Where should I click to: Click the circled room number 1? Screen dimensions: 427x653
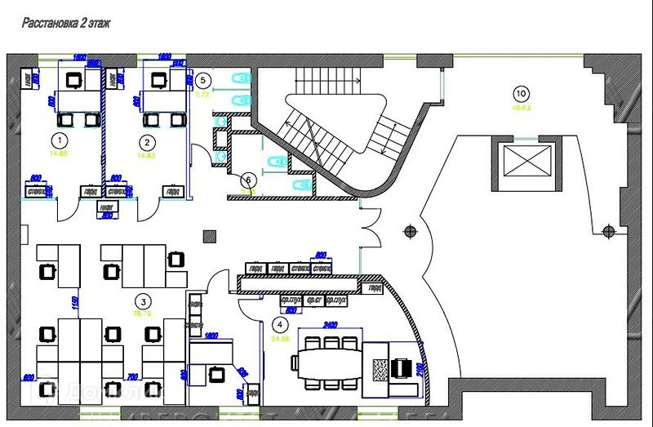[x=58, y=139]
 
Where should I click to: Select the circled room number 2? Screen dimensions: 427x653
[x=141, y=139]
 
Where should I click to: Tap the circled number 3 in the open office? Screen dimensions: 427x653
[x=143, y=300]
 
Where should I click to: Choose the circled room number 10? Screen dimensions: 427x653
[x=521, y=92]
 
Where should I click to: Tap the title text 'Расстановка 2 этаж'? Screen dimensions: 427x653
[x=66, y=24]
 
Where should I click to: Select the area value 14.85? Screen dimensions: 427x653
[x=58, y=153]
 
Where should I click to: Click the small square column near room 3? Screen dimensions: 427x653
[x=210, y=237]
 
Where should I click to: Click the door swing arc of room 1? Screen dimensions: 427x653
[x=66, y=209]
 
